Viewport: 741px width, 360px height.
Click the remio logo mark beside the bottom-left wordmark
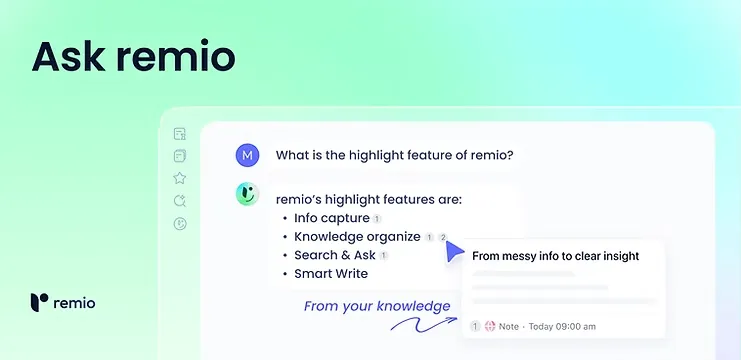[38, 302]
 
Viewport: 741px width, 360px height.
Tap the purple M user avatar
[246, 155]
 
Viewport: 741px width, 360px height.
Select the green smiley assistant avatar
[246, 195]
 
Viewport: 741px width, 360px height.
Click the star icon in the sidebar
[180, 178]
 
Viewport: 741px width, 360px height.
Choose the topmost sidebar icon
[180, 134]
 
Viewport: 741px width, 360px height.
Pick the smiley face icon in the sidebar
[180, 224]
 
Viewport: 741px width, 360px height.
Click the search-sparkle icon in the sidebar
[180, 201]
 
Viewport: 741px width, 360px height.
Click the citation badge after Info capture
[377, 219]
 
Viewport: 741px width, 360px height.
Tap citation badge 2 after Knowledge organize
[443, 237]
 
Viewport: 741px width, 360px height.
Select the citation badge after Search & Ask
[383, 256]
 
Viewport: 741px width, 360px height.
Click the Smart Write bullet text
[331, 273]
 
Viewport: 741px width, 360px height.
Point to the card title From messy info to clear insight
[555, 256]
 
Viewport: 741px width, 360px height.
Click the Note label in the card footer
[509, 326]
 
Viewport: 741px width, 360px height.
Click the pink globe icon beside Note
[490, 326]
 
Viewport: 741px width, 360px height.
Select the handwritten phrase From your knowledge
[377, 305]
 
